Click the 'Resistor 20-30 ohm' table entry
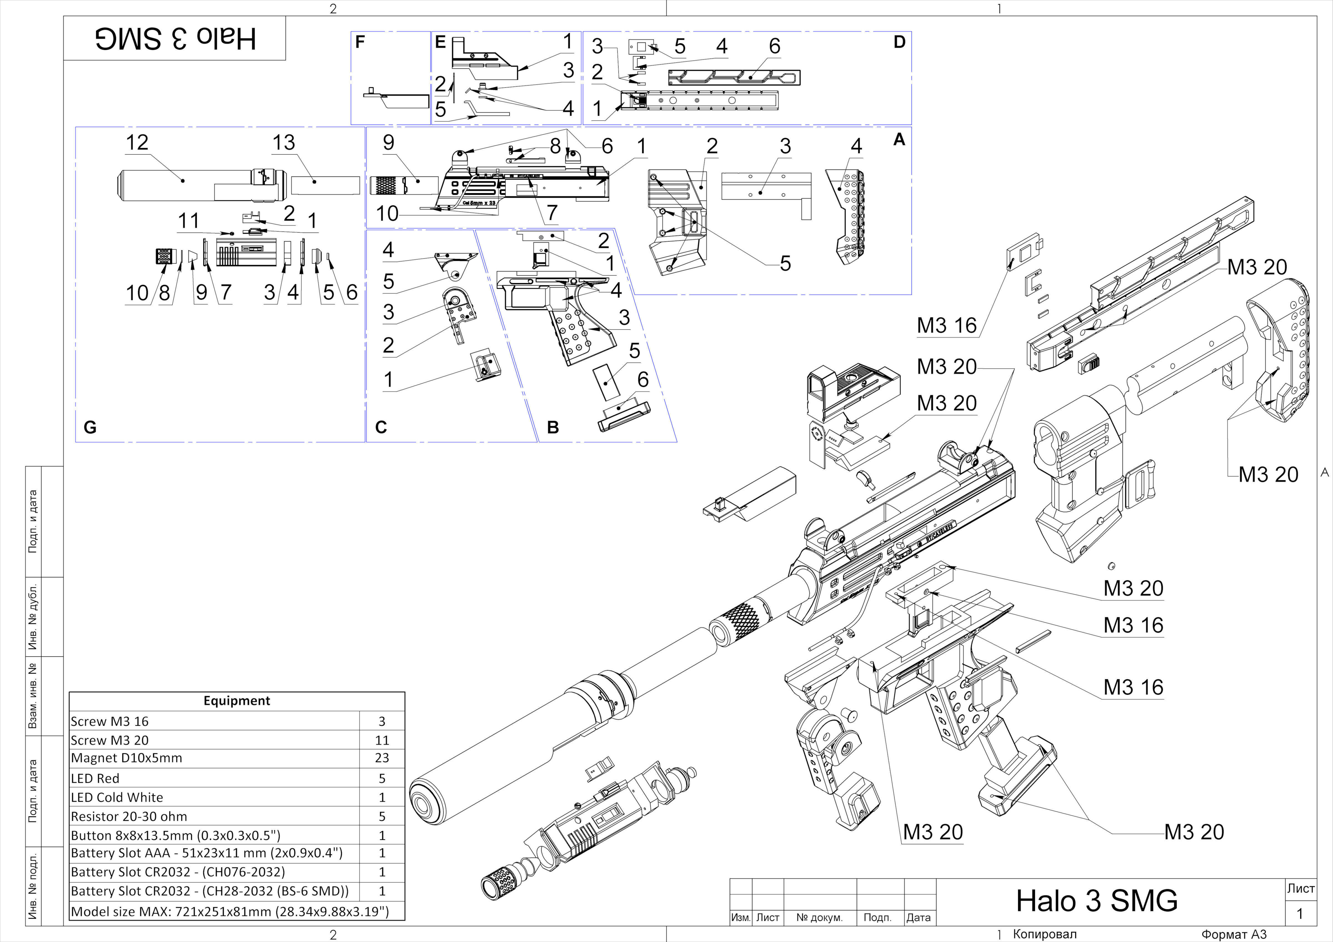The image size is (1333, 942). pos(129,817)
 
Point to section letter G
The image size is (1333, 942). pos(90,427)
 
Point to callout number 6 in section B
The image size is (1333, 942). pos(643,380)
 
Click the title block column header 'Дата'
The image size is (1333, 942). pos(918,918)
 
